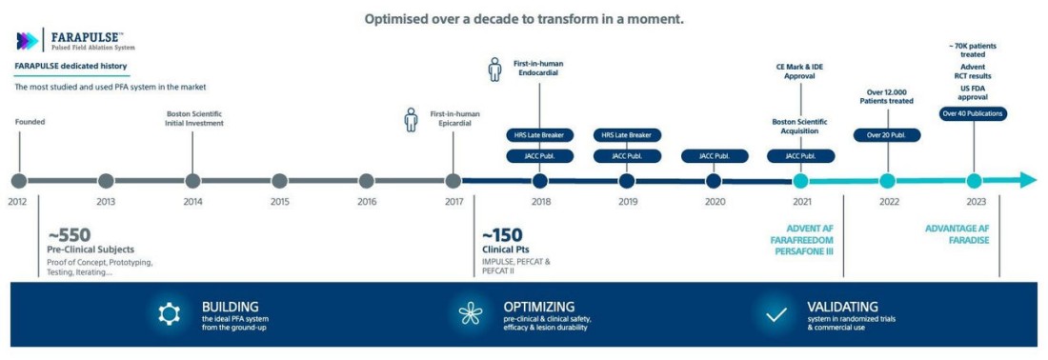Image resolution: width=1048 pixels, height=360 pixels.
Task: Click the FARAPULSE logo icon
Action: (x=29, y=41)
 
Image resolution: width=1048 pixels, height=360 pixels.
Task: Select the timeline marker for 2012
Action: (x=18, y=180)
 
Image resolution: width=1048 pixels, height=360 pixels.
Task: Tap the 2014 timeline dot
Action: (x=192, y=180)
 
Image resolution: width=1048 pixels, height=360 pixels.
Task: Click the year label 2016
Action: (x=367, y=202)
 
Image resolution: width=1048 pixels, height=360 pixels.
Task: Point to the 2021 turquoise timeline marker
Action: (x=800, y=180)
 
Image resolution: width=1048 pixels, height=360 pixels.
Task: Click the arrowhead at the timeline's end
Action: (x=1026, y=180)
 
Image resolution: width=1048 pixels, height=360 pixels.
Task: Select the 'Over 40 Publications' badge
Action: (x=973, y=113)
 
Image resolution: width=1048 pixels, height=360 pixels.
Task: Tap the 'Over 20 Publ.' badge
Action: (x=887, y=134)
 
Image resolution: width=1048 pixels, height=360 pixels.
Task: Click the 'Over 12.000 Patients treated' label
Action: (x=887, y=95)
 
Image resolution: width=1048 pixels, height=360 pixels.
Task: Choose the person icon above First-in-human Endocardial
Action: (x=494, y=71)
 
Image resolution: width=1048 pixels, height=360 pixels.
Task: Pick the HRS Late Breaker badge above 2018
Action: (x=540, y=135)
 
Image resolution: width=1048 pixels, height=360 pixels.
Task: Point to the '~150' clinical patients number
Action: (x=502, y=234)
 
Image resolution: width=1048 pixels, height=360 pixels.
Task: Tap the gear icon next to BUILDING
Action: (x=170, y=313)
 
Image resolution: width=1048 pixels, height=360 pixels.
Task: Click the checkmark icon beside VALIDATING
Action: (x=776, y=313)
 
